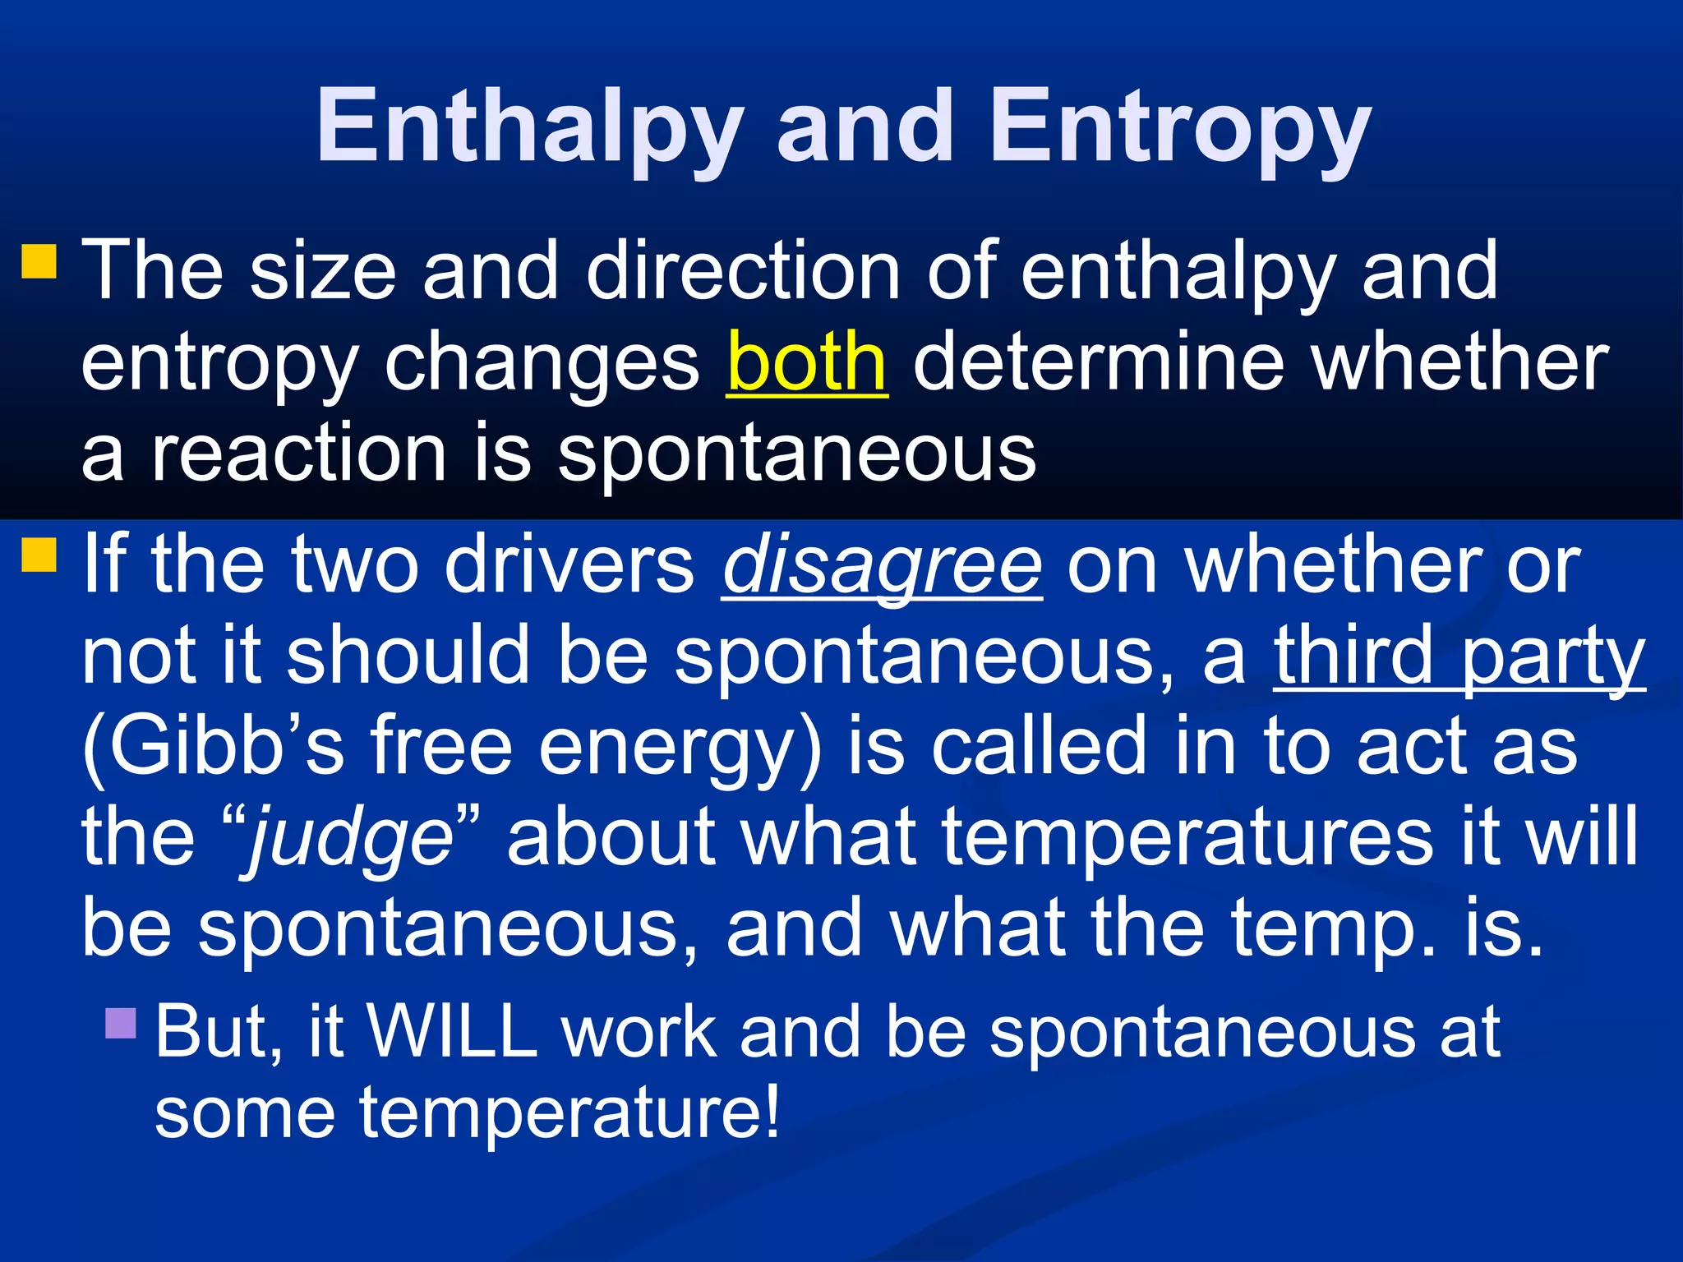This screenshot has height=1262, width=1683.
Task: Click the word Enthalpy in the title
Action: [529, 127]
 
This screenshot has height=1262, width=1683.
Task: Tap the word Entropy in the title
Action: [1180, 127]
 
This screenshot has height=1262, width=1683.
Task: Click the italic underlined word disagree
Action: [883, 565]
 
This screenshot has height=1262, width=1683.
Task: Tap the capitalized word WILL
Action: [451, 1030]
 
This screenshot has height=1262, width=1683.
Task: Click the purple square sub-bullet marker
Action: [121, 1024]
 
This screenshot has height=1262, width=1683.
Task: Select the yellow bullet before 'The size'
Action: [39, 261]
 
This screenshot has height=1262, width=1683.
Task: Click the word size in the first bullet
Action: [323, 271]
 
